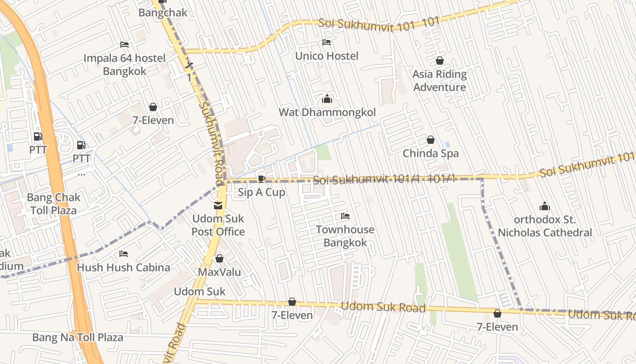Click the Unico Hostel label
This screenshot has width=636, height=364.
[327, 56]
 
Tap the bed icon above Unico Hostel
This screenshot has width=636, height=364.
[327, 42]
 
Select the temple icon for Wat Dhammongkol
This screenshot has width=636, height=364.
[327, 98]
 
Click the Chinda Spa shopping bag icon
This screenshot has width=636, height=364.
[430, 140]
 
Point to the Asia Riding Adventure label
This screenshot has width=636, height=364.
[439, 81]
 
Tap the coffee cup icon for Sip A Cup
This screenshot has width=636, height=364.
[261, 178]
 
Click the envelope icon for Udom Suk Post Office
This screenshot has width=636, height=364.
[218, 206]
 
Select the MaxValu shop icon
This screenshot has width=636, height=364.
[219, 258]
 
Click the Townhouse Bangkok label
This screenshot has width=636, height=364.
[345, 236]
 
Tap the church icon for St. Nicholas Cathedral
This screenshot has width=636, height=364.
[544, 207]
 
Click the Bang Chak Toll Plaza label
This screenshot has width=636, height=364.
[54, 204]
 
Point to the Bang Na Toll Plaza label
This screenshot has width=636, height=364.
[78, 337]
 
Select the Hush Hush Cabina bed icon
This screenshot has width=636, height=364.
[124, 253]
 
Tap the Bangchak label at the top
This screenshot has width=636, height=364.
[163, 13]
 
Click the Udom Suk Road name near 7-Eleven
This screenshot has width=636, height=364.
[383, 307]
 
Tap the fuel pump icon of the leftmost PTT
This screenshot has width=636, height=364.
[38, 136]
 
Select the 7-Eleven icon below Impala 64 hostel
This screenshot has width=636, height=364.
[153, 107]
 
